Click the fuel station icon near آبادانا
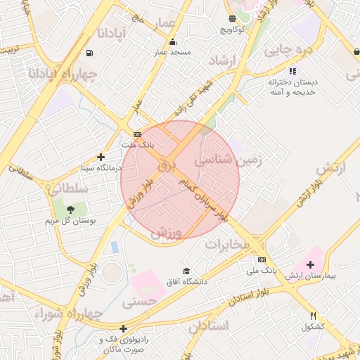click(x=89, y=53)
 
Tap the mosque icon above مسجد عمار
click(x=172, y=41)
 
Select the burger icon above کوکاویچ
click(x=232, y=18)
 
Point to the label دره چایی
click(x=287, y=50)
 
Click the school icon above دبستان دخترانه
click(x=292, y=71)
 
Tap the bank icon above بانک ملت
click(x=137, y=134)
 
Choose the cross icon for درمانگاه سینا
click(x=101, y=157)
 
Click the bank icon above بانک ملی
click(x=262, y=259)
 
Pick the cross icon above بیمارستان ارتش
click(x=311, y=264)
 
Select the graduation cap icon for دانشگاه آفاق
click(x=186, y=271)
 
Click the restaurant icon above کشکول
click(x=313, y=316)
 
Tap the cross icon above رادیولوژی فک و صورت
click(x=123, y=328)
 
